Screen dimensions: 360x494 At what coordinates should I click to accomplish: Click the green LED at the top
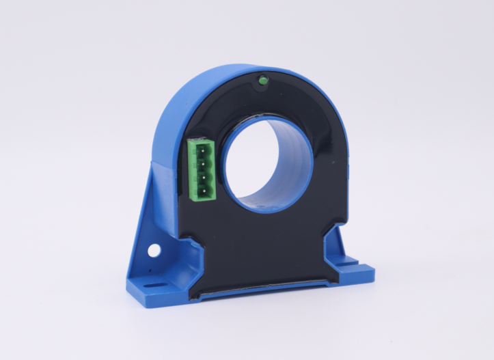(x=261, y=82)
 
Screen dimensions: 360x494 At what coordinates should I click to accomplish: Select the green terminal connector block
(x=202, y=168)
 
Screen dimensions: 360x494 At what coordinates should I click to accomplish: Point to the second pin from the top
(x=202, y=162)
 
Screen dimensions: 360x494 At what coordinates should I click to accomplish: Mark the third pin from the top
(x=202, y=175)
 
